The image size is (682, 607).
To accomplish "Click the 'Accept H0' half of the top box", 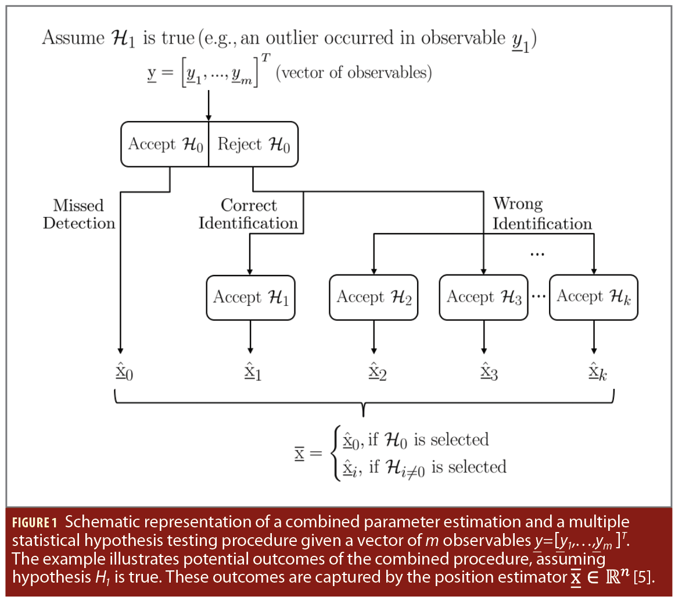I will pos(165,144).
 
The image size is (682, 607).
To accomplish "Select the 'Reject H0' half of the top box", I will pos(253,144).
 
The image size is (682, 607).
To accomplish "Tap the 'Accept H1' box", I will pos(250,297).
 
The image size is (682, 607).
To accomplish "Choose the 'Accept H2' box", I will pos(374,297).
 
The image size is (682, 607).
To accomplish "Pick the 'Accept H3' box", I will pos(483,297).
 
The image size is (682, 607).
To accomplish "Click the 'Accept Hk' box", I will pos(593,297).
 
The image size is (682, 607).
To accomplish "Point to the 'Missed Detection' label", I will pos(79,214).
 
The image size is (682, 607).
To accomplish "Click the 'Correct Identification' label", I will pos(248,214).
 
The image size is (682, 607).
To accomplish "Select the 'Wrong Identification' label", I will pos(541,214).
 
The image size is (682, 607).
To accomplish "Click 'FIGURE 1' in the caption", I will pos(34,522).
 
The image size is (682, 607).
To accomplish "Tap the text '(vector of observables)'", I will pos(354,73).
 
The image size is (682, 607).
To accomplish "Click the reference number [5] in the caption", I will pos(643,577).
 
